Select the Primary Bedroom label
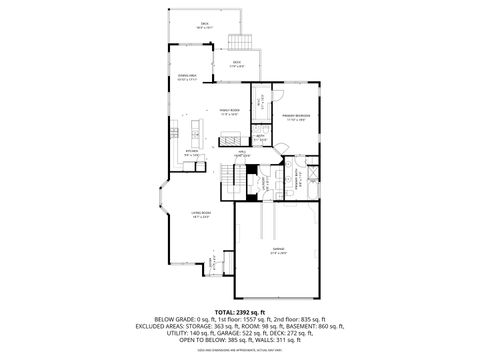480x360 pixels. [x=295, y=117]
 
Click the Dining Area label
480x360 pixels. [x=187, y=77]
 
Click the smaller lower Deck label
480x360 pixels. [x=237, y=64]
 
